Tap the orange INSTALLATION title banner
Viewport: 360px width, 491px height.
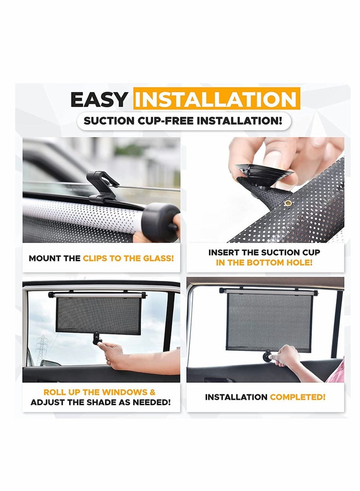[216, 99]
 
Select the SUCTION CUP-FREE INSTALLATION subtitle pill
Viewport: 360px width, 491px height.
[184, 121]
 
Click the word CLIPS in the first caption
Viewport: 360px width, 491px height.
[95, 259]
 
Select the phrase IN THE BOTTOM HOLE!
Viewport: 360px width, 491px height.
[264, 263]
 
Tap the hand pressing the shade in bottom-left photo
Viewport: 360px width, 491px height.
[112, 353]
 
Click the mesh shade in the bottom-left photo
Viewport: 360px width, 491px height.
[98, 315]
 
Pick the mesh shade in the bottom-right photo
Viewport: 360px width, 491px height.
[269, 320]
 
